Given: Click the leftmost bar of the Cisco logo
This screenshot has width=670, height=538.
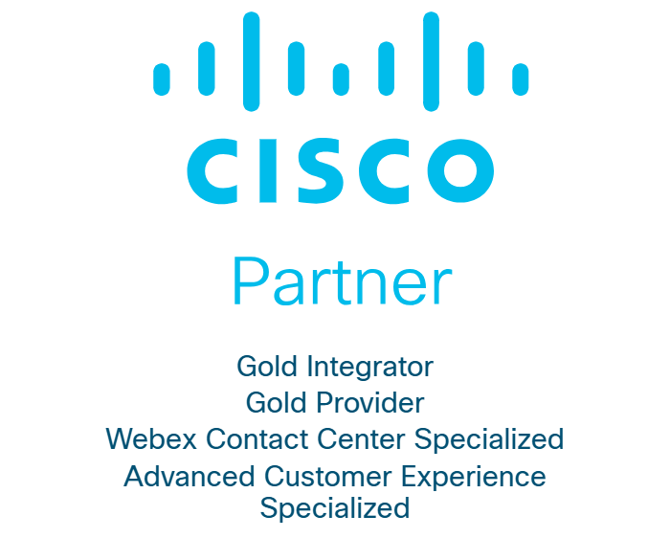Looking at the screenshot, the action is click(162, 79).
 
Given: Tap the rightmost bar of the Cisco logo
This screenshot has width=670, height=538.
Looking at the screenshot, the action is click(521, 79).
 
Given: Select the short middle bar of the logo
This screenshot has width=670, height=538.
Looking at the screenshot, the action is click(341, 79).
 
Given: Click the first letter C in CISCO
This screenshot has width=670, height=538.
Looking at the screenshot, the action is click(211, 166).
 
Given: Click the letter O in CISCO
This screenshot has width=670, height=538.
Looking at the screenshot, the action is click(461, 166).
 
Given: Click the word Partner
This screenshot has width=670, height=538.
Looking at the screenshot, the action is click(342, 282).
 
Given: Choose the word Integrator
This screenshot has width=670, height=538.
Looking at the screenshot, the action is click(371, 367).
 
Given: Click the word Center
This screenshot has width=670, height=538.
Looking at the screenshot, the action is click(365, 439).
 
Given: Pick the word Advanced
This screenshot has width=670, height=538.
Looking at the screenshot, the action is click(178, 476).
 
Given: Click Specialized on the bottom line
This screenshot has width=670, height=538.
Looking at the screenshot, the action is click(335, 507).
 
